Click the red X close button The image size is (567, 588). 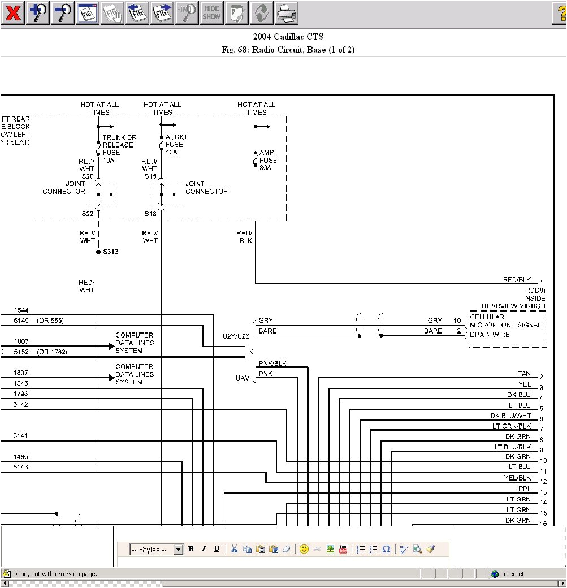click(x=12, y=12)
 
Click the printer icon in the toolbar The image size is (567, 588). click(x=287, y=12)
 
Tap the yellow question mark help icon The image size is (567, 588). click(x=560, y=12)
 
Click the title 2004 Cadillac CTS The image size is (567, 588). click(x=288, y=37)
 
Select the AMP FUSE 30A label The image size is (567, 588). click(x=268, y=160)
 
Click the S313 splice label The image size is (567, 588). click(x=110, y=251)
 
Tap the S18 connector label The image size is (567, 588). click(x=150, y=213)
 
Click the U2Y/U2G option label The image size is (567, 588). click(x=236, y=336)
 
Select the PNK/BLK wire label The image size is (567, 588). click(x=272, y=363)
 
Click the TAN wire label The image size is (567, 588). click(x=524, y=374)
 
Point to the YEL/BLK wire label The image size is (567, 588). click(x=517, y=478)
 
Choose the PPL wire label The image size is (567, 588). click(x=525, y=488)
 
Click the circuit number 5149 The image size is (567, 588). click(x=21, y=321)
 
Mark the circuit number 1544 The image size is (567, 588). click(x=21, y=310)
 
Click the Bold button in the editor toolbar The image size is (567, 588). click(x=191, y=549)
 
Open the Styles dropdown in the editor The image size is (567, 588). click(x=157, y=550)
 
